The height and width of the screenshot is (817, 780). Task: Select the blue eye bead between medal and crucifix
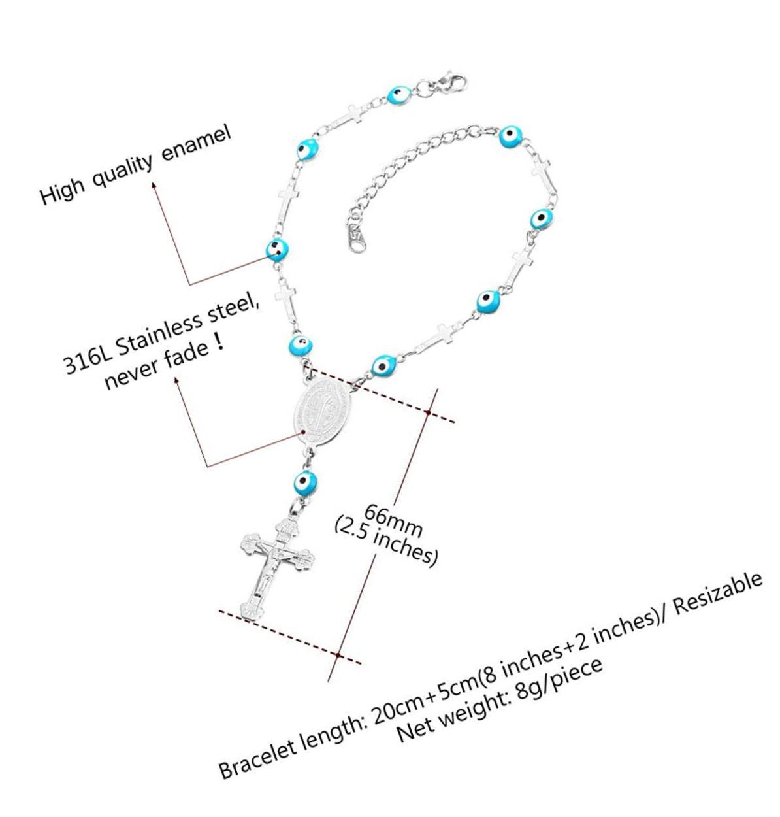(305, 483)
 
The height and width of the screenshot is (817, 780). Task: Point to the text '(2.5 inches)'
(385, 541)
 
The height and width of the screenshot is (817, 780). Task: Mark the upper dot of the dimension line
(428, 412)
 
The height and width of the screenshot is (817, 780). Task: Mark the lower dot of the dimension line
(337, 654)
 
